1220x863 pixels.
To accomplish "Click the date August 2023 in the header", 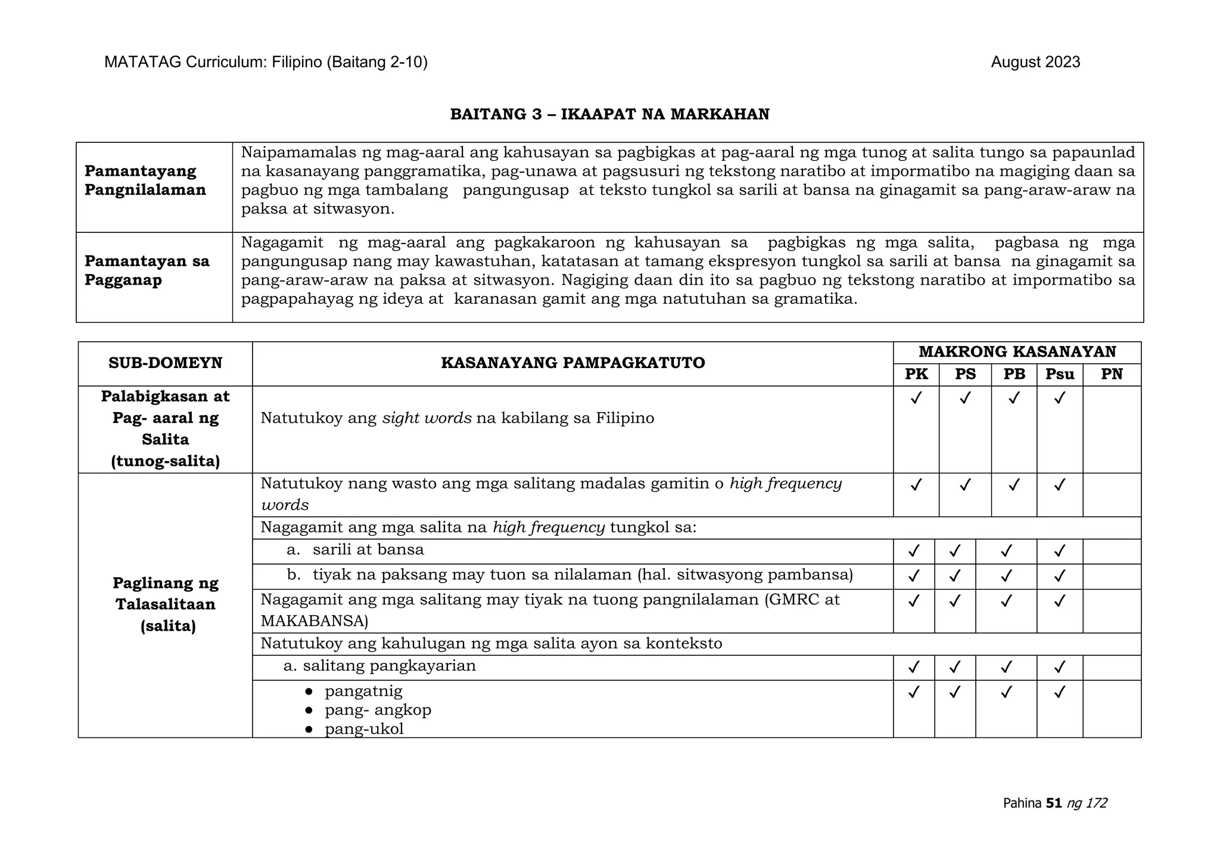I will coord(1035,62).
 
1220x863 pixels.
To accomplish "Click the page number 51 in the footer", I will coord(1054,803).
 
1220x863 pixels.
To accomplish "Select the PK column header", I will coord(916,374).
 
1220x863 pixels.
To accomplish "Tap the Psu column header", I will coord(1059,374).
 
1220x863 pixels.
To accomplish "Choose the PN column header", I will coord(1112,374).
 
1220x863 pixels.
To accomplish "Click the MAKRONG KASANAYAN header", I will coord(1017,351).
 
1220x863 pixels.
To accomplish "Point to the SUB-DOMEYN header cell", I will coord(165,363).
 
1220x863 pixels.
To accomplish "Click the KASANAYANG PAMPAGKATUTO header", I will coord(572,363).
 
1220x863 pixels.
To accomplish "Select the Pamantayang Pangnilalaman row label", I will coord(145,180).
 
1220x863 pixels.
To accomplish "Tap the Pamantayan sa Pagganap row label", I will coord(147,270).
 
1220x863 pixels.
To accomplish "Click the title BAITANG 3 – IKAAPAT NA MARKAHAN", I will coord(609,114).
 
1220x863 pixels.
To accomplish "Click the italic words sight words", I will coord(427,418).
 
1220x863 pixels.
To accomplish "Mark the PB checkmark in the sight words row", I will coord(1014,397).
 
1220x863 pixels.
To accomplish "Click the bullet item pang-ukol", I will coord(364,729).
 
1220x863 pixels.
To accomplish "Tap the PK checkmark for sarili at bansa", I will coord(913,551).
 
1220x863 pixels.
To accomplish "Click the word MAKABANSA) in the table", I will coord(314,621).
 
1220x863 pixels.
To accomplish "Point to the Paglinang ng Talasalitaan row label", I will coord(165,604).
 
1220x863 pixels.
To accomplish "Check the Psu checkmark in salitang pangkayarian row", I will coord(1059,667).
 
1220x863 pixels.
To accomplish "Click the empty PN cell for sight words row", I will coord(1112,429).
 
